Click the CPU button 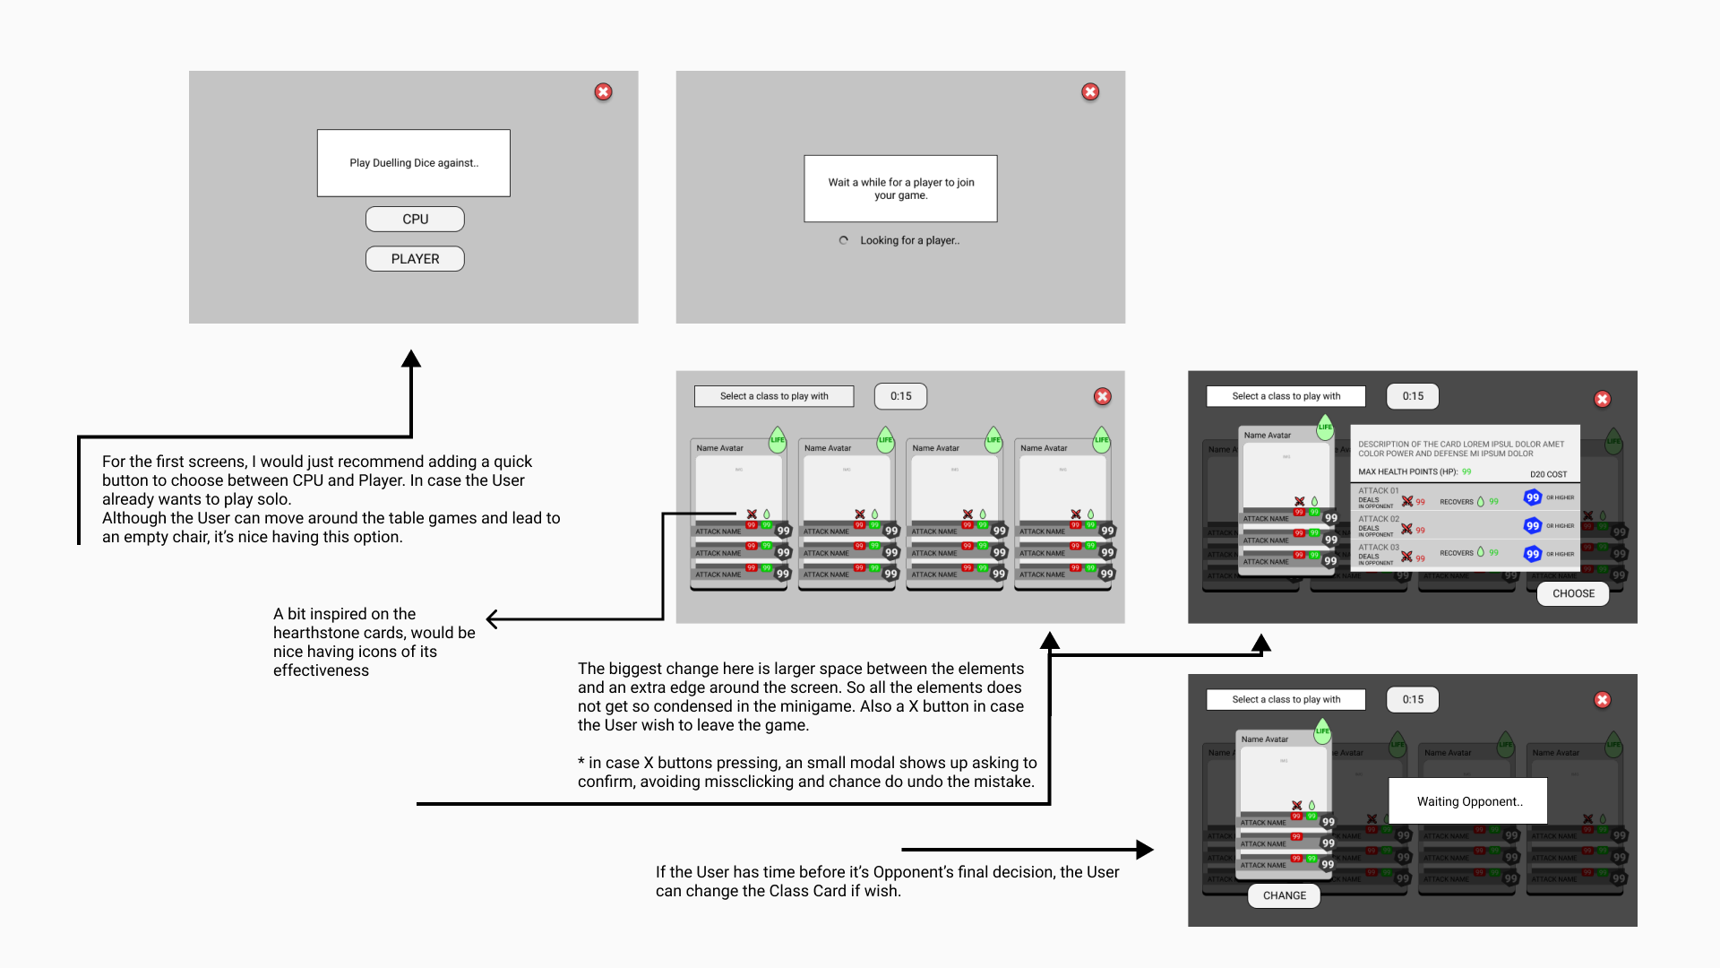tap(415, 220)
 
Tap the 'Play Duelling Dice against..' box tap(414, 163)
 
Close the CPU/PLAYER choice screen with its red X tap(604, 92)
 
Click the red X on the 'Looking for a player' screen tap(1090, 92)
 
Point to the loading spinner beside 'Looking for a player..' tap(843, 240)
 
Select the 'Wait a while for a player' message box tap(900, 189)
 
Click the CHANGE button tap(1284, 895)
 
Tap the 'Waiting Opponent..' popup tap(1468, 801)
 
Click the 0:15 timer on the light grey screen tap(900, 396)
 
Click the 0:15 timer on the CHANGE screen tap(1413, 700)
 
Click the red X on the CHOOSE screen tap(1603, 400)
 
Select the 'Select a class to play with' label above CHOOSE tap(1286, 396)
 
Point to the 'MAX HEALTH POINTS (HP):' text tap(1407, 472)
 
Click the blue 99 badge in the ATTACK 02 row tap(1533, 526)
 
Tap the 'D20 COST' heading tap(1548, 474)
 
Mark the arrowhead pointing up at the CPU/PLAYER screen tap(411, 359)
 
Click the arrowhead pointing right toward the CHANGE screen tap(1145, 849)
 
